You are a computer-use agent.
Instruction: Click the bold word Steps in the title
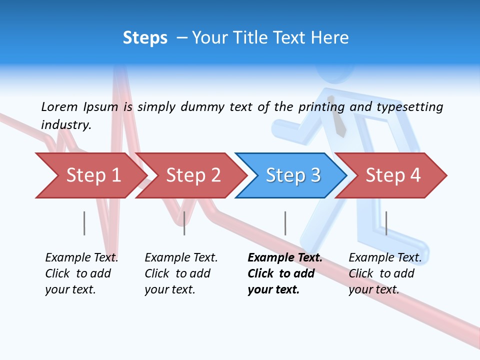point(145,38)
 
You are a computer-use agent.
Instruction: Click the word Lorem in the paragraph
point(59,106)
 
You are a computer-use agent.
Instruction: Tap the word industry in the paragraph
point(66,124)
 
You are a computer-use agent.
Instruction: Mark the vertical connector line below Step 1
point(84,223)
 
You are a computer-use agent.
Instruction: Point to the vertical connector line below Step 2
point(184,223)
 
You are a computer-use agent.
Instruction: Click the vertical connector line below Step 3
point(285,223)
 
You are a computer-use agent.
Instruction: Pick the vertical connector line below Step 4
point(386,223)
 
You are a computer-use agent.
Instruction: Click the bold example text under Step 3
point(284,273)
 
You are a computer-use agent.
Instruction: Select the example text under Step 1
point(81,273)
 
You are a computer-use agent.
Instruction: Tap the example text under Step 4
point(385,273)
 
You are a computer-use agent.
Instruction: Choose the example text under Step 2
point(181,273)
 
